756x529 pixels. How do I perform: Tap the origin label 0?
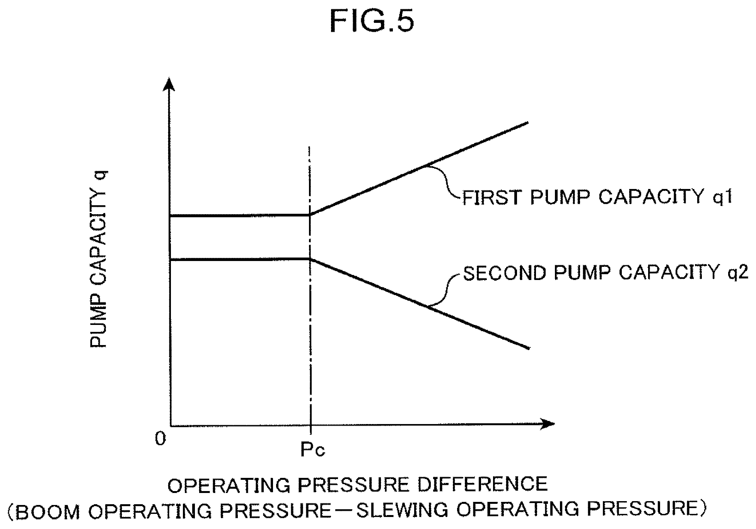(x=160, y=438)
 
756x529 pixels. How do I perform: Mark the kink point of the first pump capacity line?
(x=310, y=215)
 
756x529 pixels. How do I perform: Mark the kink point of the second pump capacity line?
(x=310, y=259)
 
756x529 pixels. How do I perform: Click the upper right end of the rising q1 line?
(x=528, y=123)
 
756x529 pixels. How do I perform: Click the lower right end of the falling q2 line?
(x=529, y=348)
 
